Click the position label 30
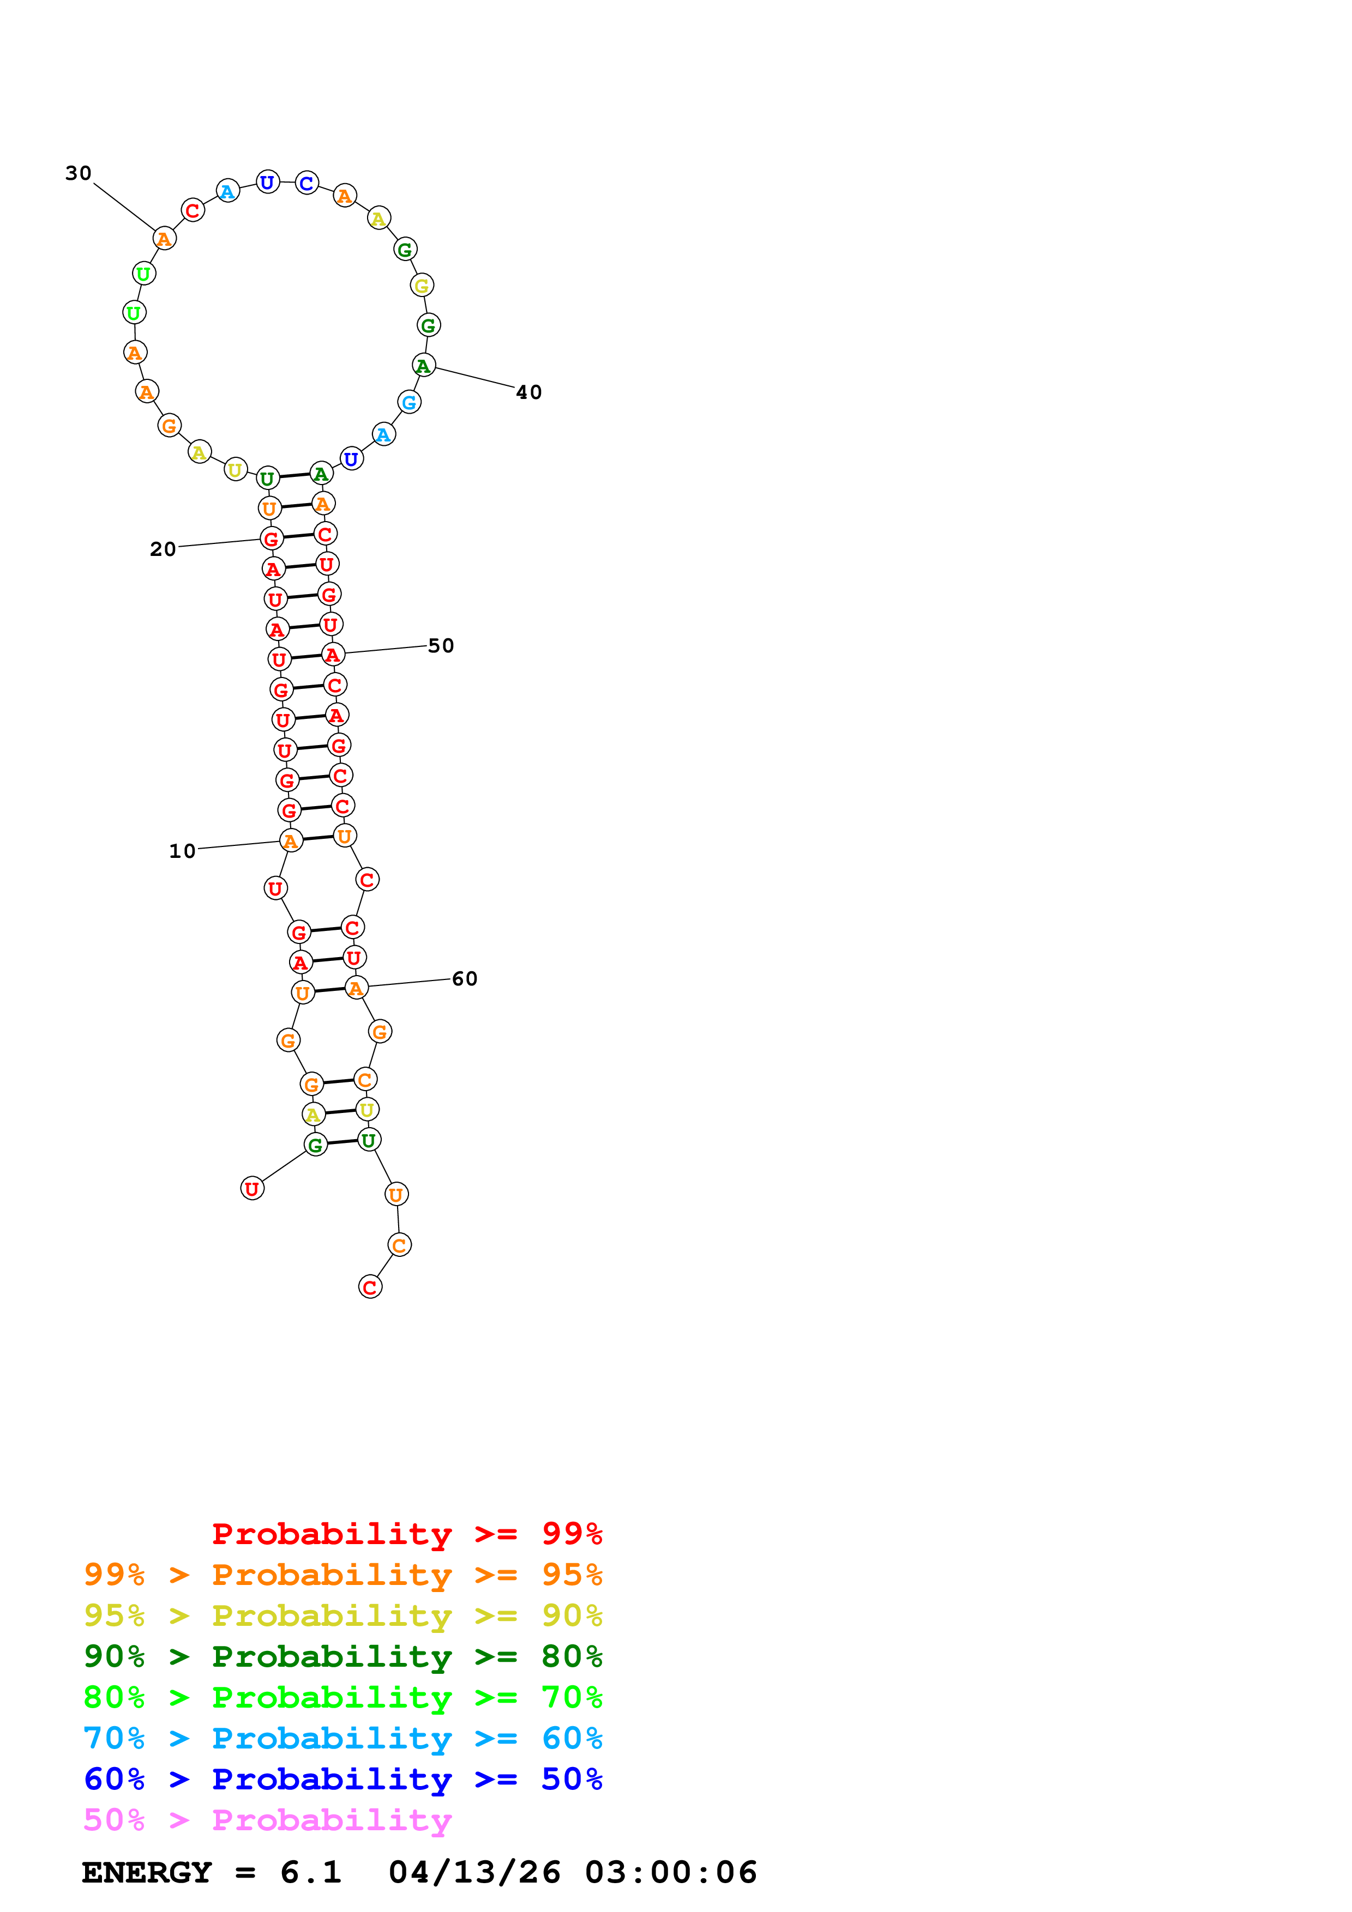(x=79, y=173)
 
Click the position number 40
(x=529, y=392)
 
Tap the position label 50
(x=441, y=645)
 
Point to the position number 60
(x=465, y=978)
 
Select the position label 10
(x=183, y=851)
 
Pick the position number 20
(x=163, y=549)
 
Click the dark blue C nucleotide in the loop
(x=307, y=183)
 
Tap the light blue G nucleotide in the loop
(x=409, y=403)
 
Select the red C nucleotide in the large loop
(x=193, y=211)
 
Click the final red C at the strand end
(x=370, y=1287)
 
